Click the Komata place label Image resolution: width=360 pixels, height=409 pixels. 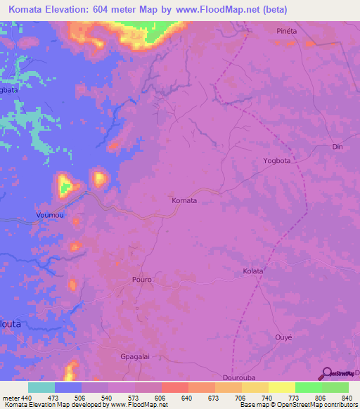pos(184,200)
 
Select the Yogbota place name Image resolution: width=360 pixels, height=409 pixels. pos(276,161)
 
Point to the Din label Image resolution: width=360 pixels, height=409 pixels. pos(337,147)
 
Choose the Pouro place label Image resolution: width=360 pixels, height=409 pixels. pos(141,280)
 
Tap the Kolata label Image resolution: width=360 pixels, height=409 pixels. pos(252,271)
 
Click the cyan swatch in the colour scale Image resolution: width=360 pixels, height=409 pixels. pos(41,387)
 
